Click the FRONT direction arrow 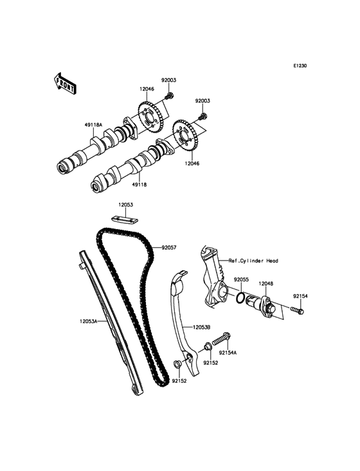64,82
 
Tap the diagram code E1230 300,66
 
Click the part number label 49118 139,185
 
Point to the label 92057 169,248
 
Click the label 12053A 89,321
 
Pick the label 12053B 202,327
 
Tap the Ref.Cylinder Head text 253,261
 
